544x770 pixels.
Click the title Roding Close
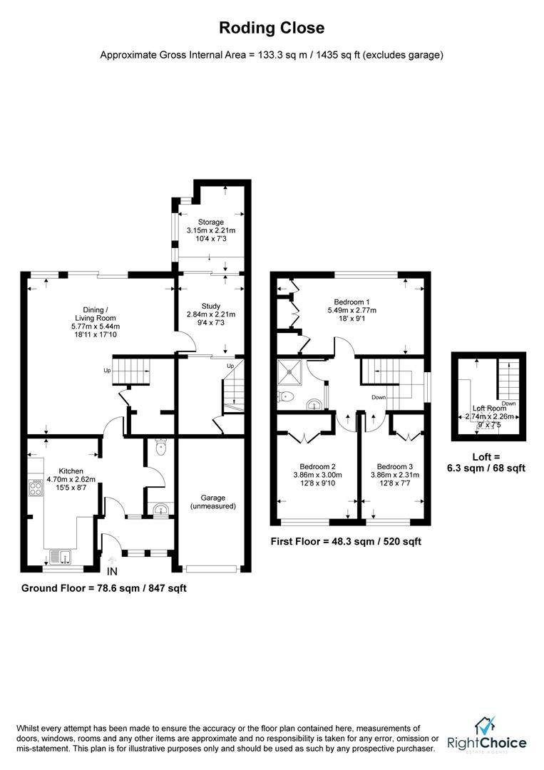click(x=271, y=29)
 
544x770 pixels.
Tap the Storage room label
click(x=211, y=222)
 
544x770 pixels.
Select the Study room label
click(x=211, y=306)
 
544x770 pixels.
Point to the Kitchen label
click(x=71, y=471)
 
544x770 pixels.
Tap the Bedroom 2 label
click(x=314, y=466)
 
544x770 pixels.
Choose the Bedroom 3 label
click(x=394, y=466)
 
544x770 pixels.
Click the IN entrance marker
click(x=112, y=572)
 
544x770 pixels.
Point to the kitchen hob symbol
click(x=35, y=488)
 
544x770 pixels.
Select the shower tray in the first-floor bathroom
click(x=292, y=369)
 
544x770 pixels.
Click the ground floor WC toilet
click(x=160, y=448)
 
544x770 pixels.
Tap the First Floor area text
click(x=346, y=541)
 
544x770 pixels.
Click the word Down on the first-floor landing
click(x=379, y=397)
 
